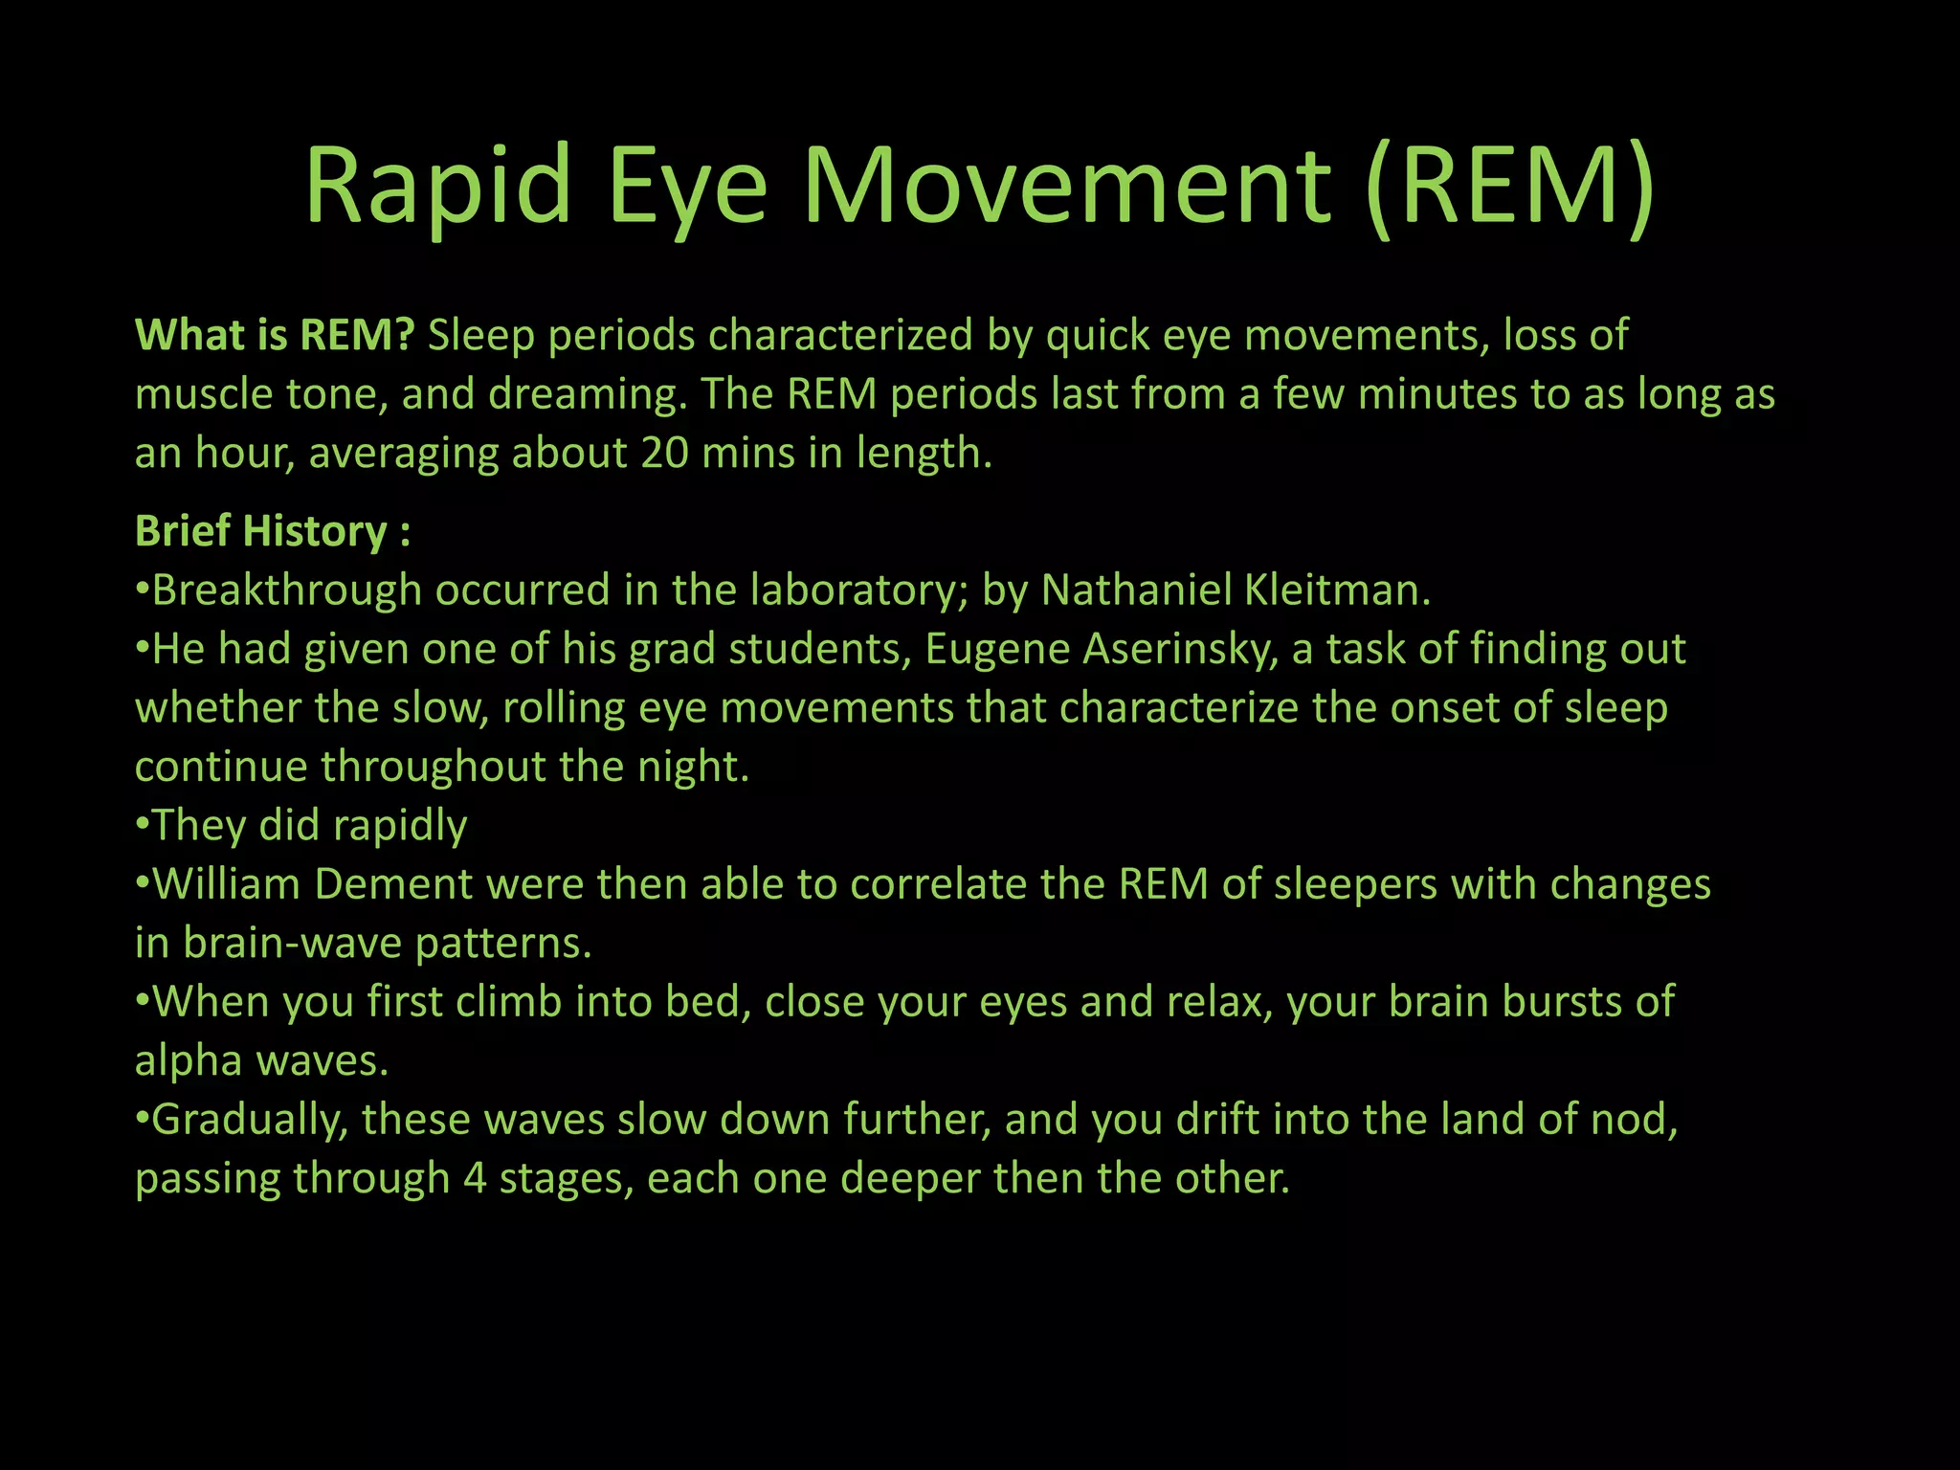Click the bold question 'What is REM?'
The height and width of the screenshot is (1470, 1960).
[x=275, y=335]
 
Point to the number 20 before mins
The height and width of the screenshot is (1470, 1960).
[x=664, y=453]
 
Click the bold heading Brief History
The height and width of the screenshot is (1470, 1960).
[x=261, y=531]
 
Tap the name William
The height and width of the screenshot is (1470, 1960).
[x=227, y=884]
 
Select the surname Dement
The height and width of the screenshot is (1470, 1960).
[x=393, y=884]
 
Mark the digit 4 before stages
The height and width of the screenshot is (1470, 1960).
[x=475, y=1178]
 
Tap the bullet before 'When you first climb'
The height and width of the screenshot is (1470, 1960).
[x=143, y=1002]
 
